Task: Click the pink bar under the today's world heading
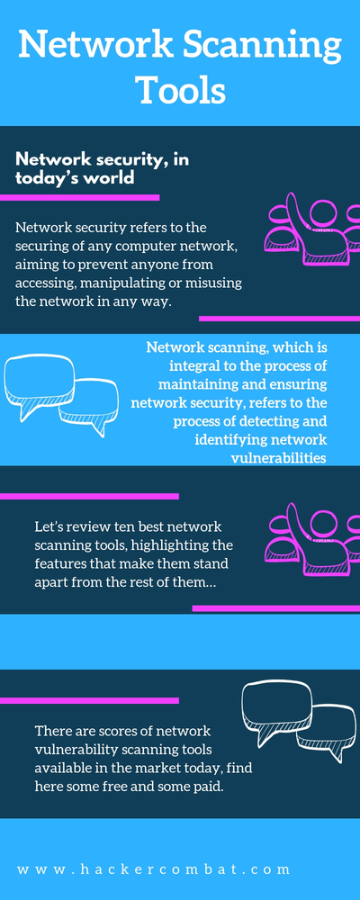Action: coord(79,197)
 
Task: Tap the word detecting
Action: coord(265,420)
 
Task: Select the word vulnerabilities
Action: coord(278,457)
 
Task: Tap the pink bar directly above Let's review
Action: coord(89,496)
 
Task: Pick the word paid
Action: coord(210,787)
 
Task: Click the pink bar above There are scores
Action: coord(89,700)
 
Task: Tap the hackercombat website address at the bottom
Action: coord(154,869)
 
